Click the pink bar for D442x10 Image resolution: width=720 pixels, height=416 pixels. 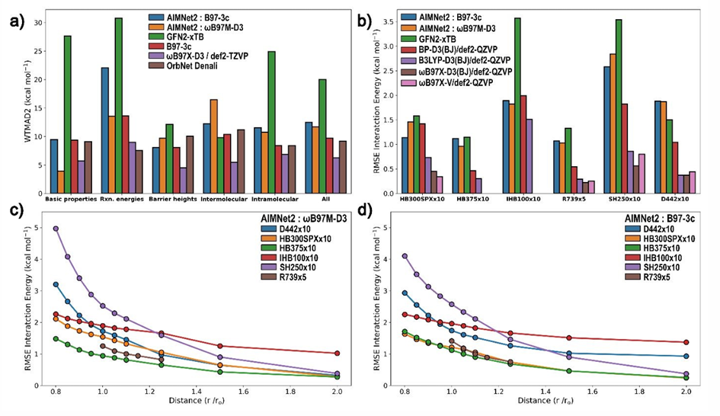(x=692, y=182)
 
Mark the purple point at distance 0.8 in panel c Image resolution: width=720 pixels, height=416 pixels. (x=56, y=229)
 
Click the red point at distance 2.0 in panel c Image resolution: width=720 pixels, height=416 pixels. (x=337, y=353)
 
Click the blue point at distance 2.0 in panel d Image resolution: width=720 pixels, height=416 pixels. (x=686, y=356)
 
